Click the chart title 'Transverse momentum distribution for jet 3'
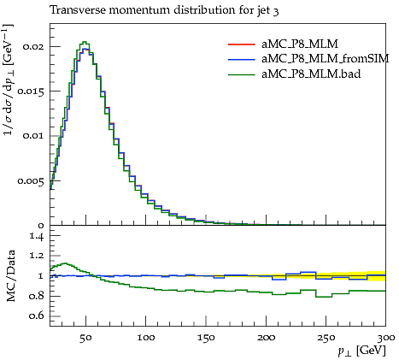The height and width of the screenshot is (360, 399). click(x=164, y=11)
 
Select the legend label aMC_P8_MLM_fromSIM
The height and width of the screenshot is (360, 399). click(x=325, y=59)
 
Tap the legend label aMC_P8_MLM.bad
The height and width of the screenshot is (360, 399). click(x=311, y=74)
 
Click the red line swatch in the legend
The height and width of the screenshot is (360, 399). click(x=241, y=44)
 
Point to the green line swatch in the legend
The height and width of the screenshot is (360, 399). click(x=241, y=74)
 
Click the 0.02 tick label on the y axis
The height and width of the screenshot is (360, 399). click(x=33, y=46)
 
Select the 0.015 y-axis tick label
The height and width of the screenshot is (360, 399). click(x=31, y=91)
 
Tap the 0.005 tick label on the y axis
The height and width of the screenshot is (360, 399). click(x=31, y=181)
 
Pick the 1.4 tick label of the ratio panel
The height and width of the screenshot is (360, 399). click(x=37, y=236)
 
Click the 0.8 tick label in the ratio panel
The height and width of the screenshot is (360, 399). click(x=37, y=296)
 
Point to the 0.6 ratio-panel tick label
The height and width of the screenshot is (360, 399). click(x=37, y=316)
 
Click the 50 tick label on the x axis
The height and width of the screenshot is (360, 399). click(x=85, y=338)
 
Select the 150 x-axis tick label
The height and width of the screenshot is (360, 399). click(x=206, y=338)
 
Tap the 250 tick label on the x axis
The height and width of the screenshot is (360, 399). click(x=326, y=338)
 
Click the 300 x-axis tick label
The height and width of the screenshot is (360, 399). click(x=386, y=338)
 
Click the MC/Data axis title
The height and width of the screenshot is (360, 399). click(x=11, y=275)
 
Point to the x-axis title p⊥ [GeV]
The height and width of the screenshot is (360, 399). click(x=361, y=351)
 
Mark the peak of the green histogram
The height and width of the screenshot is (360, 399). click(x=85, y=42)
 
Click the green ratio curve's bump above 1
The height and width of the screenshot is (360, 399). click(x=65, y=263)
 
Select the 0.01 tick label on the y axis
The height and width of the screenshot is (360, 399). click(x=33, y=136)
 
